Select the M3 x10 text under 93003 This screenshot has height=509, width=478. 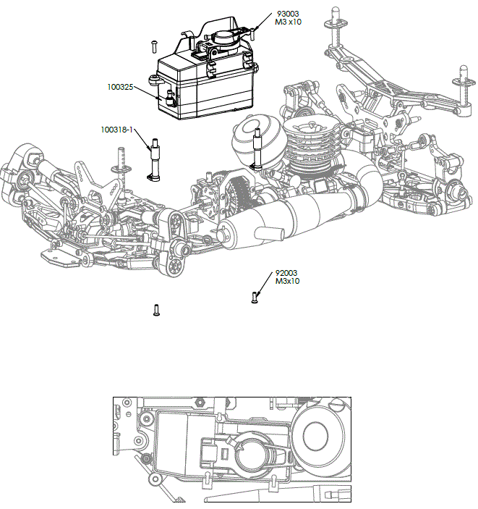click(289, 22)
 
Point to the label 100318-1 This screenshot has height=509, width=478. click(116, 130)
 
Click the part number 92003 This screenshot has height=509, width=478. click(288, 273)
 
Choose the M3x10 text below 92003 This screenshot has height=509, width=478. click(287, 282)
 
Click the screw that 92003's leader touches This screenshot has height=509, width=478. click(255, 296)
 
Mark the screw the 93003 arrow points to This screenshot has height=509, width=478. click(256, 30)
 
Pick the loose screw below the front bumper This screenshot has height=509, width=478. click(156, 310)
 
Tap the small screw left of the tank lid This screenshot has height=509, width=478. click(155, 45)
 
